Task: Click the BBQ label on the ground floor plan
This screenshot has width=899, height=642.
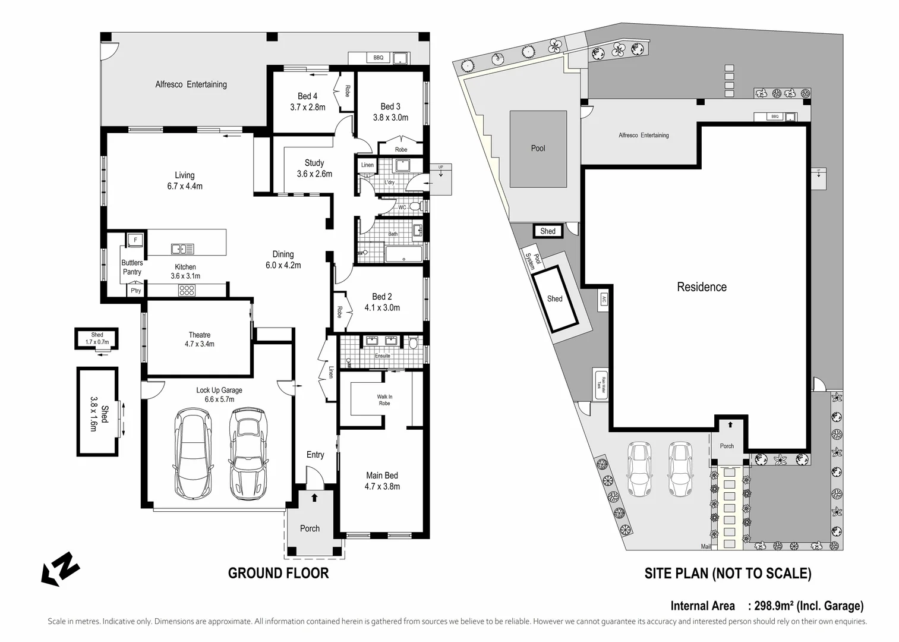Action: coord(378,58)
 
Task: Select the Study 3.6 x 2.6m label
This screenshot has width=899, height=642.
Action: coord(314,168)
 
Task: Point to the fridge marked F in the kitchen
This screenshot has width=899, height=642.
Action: coord(135,240)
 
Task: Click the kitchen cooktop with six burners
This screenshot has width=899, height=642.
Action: coord(187,291)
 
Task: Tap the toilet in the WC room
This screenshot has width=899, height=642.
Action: coord(416,206)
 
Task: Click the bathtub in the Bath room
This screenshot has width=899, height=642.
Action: coord(403,254)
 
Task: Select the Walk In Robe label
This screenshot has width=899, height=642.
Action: coord(384,400)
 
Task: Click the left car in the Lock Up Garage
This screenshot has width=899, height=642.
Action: coord(192,454)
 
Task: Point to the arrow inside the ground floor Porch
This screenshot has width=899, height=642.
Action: coord(314,498)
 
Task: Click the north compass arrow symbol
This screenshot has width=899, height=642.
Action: coord(60,568)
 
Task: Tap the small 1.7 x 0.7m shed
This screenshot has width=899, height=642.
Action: coord(97,339)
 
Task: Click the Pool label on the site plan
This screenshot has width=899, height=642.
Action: coord(538,149)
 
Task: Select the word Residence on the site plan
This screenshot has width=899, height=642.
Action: coord(702,287)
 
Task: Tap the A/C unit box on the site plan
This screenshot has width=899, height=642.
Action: coord(604,299)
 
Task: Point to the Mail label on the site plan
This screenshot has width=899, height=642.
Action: coord(706,546)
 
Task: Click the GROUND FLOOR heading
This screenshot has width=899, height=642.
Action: coord(278,573)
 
